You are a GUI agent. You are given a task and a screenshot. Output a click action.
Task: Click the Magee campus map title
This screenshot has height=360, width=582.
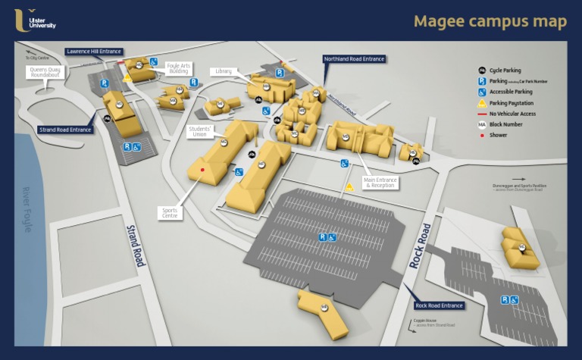coord(490,21)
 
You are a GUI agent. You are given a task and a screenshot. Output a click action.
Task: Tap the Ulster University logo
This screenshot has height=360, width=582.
coord(35,20)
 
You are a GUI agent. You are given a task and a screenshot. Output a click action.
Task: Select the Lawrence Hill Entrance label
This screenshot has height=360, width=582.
coord(93,52)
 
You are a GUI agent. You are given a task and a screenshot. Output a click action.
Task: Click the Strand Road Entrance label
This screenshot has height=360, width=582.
coord(65,130)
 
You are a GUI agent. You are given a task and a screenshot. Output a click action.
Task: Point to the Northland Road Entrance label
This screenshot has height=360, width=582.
coord(354,58)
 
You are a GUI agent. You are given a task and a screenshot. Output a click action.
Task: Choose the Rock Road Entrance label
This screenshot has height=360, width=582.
coord(439,305)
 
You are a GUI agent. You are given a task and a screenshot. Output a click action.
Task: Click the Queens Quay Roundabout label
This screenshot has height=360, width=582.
coord(45,73)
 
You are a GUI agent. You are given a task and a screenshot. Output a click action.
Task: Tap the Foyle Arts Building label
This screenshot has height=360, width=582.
coord(178,68)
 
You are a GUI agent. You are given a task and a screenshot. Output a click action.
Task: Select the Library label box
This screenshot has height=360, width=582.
coord(223,71)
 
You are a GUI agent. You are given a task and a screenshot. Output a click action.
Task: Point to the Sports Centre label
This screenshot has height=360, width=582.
coord(171,213)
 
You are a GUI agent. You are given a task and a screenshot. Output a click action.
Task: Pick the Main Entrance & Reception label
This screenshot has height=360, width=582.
coord(380,183)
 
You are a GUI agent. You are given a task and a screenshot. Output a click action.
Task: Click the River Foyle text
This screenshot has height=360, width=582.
coord(27,208)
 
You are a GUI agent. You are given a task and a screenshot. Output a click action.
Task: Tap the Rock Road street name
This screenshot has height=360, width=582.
coord(420,246)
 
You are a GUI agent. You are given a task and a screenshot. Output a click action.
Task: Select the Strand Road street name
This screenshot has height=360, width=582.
coord(135,244)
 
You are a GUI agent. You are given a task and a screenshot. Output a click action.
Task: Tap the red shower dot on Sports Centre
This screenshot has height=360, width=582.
coord(202,170)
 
